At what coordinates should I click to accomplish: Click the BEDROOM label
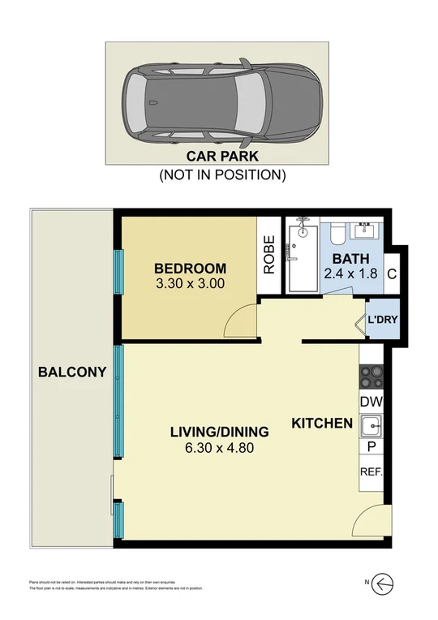point(190,269)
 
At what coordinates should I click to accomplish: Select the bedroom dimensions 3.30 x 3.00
point(190,284)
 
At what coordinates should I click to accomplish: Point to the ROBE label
point(269,253)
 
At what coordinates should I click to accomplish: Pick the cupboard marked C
point(391,274)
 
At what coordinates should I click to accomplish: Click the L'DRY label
point(382,319)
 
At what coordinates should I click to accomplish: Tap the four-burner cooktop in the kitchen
point(371,378)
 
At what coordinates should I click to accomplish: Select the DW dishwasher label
point(371,402)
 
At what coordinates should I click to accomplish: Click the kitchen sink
point(371,424)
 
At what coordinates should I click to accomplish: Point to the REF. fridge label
point(371,471)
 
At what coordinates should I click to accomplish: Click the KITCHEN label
point(321,423)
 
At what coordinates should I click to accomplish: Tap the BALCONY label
point(72,372)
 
